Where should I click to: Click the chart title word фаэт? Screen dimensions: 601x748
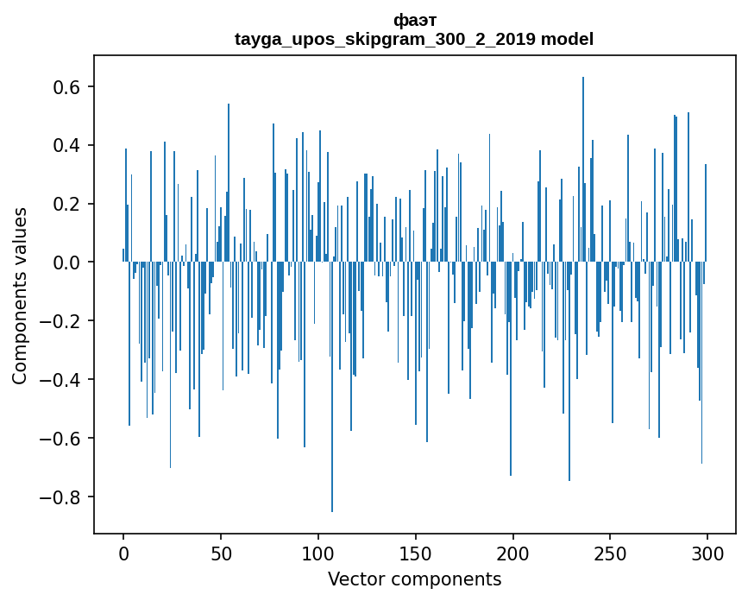(x=414, y=21)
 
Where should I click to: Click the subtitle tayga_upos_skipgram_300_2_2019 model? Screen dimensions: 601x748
(x=414, y=39)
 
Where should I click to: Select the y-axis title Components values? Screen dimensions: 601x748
(x=20, y=295)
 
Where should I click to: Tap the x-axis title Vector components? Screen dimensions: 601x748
(x=414, y=579)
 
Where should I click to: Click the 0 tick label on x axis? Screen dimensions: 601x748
(x=123, y=553)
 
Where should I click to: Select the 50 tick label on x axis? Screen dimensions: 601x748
(x=221, y=553)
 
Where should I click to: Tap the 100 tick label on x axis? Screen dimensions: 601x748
(x=318, y=553)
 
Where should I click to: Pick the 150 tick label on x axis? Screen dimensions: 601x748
(x=416, y=553)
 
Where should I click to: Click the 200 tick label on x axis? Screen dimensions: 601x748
(x=513, y=553)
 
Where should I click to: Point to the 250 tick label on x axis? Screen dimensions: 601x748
(x=611, y=553)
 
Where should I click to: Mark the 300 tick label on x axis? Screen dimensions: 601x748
(x=707, y=553)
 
